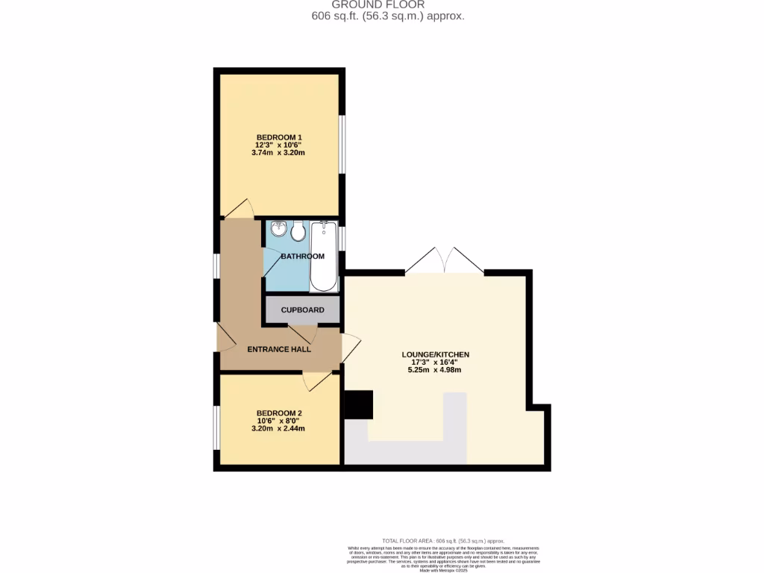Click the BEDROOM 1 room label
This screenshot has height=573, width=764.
(279, 137)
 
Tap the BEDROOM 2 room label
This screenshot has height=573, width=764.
(279, 413)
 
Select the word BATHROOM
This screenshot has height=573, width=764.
(302, 257)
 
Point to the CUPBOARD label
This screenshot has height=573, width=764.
(302, 310)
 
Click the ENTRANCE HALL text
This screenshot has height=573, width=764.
(279, 349)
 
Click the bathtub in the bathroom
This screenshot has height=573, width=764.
(324, 255)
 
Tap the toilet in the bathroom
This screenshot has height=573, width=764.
(298, 232)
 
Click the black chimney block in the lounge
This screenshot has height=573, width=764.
(357, 405)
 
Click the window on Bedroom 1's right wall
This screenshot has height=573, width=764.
(342, 145)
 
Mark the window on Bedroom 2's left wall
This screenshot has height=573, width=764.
(216, 428)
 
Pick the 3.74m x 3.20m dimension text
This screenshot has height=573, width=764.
(279, 152)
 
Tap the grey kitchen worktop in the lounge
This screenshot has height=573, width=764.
(407, 451)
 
